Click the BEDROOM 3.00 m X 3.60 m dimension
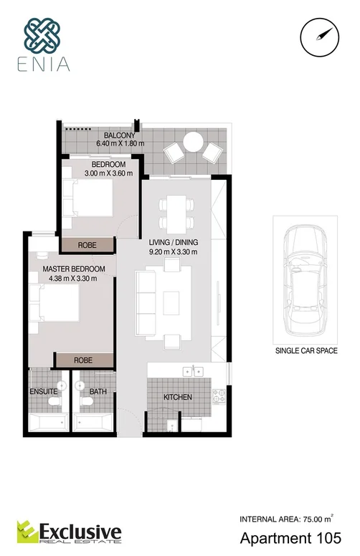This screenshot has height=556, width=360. pyautogui.click(x=98, y=173)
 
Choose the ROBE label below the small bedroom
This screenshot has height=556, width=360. pyautogui.click(x=87, y=245)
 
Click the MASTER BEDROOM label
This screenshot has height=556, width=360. pyautogui.click(x=69, y=269)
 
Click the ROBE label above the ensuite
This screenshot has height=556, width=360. pyautogui.click(x=84, y=360)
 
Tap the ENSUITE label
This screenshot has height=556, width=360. pyautogui.click(x=44, y=392)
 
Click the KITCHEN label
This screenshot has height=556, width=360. pyautogui.click(x=176, y=396)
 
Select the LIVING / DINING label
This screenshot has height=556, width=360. pyautogui.click(x=173, y=242)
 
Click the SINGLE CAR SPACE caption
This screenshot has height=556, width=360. pyautogui.click(x=302, y=352)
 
